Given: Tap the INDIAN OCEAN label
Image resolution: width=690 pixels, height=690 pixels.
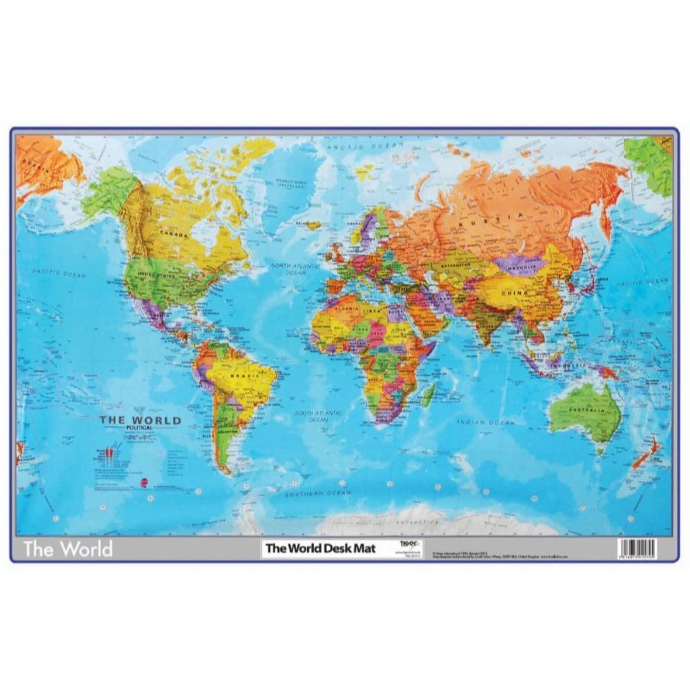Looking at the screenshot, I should [493, 422].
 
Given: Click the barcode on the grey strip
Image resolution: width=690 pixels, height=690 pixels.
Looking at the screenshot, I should [638, 547].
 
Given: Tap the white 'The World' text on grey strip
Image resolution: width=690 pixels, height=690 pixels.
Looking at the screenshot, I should [67, 550].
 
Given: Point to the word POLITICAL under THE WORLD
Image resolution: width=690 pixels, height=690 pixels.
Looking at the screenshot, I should [140, 428].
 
